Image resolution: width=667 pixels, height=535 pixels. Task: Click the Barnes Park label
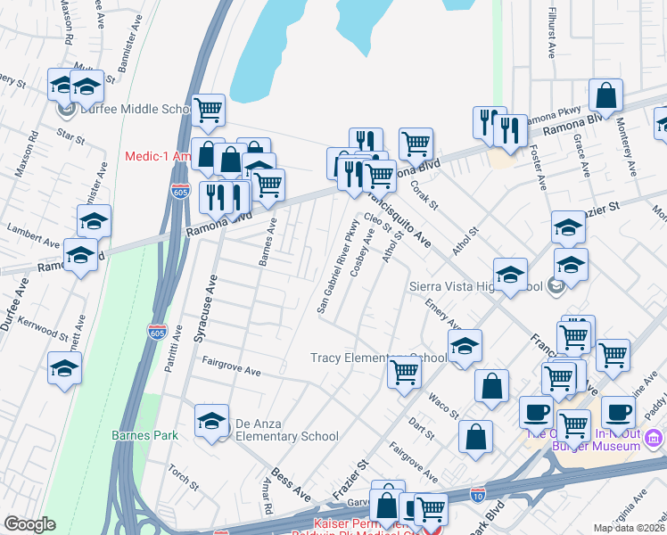pos(144,435)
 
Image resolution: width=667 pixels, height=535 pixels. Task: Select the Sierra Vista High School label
pos(475,287)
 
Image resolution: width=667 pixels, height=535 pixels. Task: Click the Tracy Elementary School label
pos(378,358)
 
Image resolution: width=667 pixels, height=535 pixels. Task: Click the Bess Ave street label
pos(291,483)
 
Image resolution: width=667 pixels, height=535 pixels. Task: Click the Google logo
pos(30,524)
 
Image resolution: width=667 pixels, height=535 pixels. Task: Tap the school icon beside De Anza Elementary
pos(212,422)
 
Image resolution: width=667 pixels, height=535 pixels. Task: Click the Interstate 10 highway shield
pos(479,491)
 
